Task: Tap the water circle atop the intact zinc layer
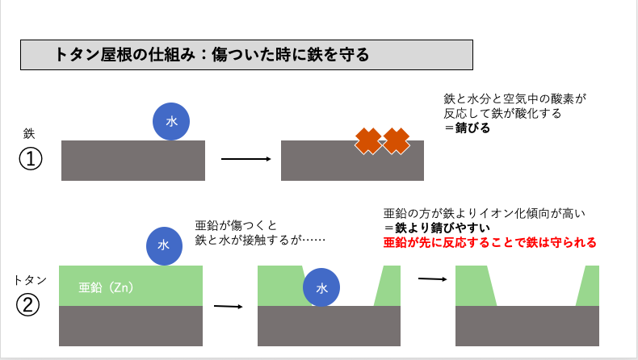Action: point(164,245)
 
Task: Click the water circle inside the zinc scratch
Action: point(321,287)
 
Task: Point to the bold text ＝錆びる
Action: point(467,128)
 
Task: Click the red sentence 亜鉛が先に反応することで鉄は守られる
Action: point(489,242)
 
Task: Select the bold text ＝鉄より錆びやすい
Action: point(435,228)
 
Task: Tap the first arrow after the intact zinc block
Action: point(228,307)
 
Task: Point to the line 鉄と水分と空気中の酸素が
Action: point(514,98)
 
